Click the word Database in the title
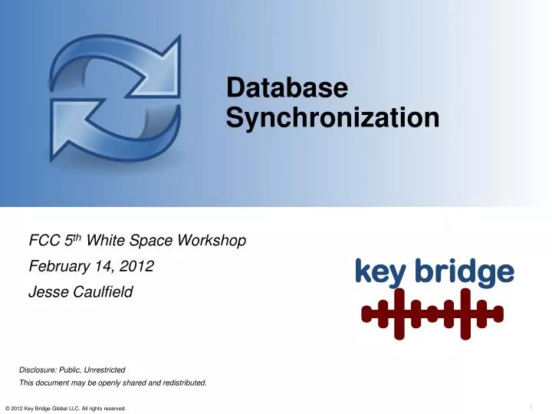287,89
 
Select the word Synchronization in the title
333,118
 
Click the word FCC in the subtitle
42,242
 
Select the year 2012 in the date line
139,267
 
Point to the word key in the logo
379,272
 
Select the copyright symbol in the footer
7,409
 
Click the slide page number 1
531,406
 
